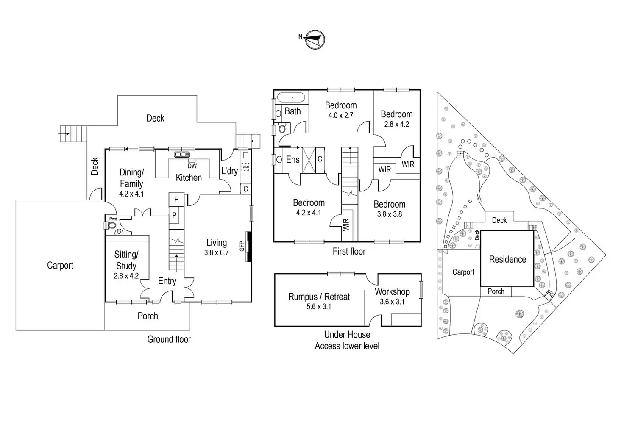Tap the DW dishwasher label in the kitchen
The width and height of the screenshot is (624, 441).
coord(192,166)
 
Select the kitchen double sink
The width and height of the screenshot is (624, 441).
coord(182,155)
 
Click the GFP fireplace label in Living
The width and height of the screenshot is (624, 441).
coord(242,247)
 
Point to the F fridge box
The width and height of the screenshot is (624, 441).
coord(176,200)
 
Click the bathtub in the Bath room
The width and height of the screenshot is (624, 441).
coord(291,97)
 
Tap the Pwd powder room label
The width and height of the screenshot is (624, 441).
coord(113,219)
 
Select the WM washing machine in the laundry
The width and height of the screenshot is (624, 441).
coord(245,167)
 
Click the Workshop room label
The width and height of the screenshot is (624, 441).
coord(392,291)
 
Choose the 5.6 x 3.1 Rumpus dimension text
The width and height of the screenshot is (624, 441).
coord(319,307)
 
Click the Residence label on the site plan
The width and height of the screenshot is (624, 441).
coord(507,260)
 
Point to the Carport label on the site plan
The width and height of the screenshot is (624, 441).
coord(463,272)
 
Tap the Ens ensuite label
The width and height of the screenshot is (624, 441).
coord(293,160)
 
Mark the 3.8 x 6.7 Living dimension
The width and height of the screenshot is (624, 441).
coord(217,253)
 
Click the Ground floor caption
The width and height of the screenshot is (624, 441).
coord(169,339)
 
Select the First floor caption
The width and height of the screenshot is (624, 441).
coord(349,251)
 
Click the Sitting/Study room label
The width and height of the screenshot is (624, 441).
coord(126,260)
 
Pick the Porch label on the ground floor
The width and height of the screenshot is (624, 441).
coord(148,316)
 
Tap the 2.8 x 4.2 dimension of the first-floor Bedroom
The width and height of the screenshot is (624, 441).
coord(397,124)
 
